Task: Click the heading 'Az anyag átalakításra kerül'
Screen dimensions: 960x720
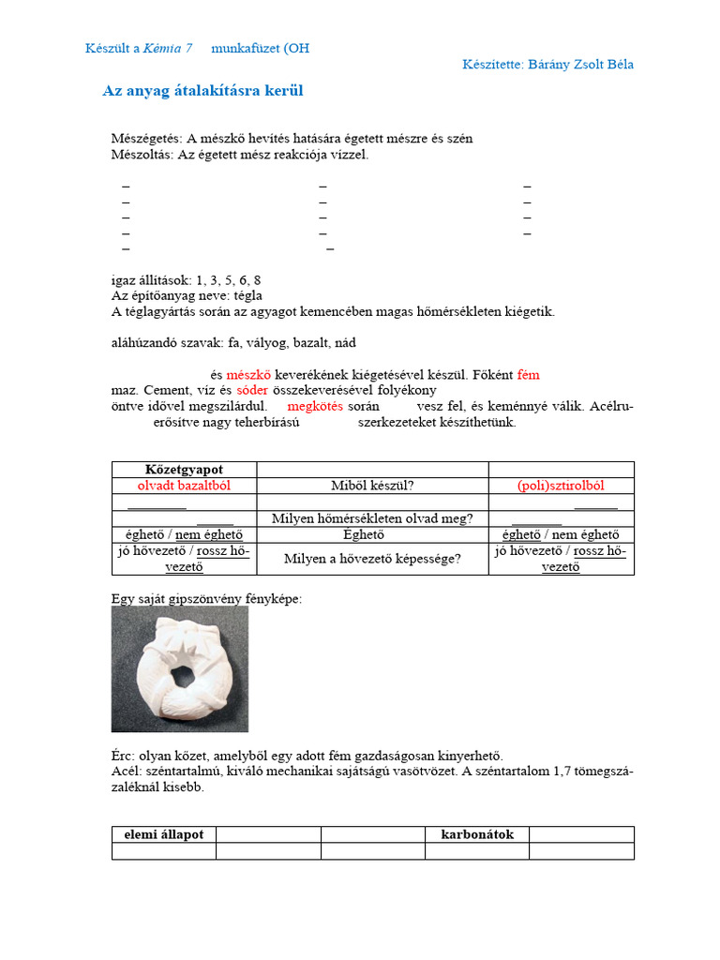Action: (202, 91)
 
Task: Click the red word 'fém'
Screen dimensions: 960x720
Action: (528, 375)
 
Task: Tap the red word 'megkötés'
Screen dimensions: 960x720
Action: (315, 406)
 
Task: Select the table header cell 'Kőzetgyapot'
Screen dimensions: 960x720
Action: (184, 469)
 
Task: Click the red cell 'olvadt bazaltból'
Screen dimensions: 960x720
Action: (184, 486)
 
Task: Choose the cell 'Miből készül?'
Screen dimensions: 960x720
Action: (372, 486)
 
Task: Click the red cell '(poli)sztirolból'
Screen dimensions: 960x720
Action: (561, 486)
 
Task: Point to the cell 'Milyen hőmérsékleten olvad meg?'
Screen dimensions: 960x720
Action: (372, 518)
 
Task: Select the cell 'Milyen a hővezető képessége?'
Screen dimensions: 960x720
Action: (372, 559)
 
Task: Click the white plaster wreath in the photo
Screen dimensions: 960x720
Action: (180, 667)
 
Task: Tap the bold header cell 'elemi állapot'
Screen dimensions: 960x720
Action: (164, 834)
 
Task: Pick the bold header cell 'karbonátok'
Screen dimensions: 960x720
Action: (477, 834)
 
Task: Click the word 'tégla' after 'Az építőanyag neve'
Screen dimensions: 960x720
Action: (247, 295)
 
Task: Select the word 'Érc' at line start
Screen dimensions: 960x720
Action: (122, 756)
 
